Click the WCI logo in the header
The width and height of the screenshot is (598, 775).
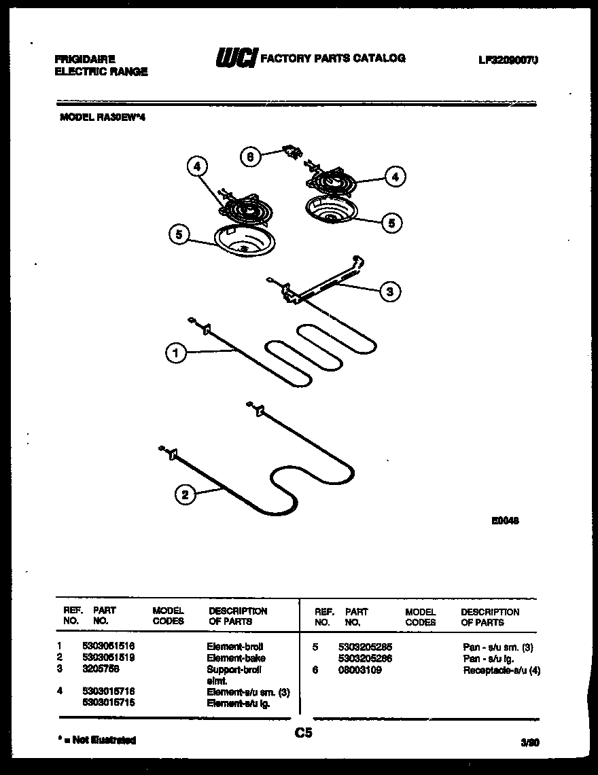coord(235,59)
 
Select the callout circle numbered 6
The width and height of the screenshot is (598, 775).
coord(250,156)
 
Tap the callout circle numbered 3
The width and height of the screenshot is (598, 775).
coord(389,292)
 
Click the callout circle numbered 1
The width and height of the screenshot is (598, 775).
coord(175,353)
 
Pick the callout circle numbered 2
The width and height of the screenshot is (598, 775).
coord(184,495)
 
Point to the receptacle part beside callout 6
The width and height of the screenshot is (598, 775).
coord(293,153)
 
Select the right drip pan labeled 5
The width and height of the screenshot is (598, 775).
coord(331,209)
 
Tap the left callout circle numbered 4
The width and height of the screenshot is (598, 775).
coord(196,166)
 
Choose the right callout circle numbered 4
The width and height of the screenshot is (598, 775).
coord(395,177)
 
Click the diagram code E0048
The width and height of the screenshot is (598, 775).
coord(505,521)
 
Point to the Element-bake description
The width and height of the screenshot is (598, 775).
coord(236,657)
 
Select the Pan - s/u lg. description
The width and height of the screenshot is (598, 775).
coord(488,658)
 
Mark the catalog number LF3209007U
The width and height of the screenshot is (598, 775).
coord(508,60)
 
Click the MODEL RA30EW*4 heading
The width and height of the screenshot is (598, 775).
coord(103,117)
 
